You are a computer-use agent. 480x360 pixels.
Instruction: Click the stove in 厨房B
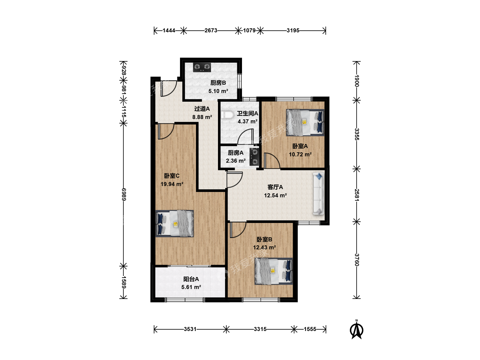click(202, 67)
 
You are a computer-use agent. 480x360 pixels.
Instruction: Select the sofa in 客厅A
click(318, 194)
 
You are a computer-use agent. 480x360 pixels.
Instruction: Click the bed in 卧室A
click(305, 122)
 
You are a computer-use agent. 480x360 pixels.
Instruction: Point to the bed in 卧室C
click(175, 224)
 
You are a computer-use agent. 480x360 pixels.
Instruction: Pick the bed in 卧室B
click(274, 271)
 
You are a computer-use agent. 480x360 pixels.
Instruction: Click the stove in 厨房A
click(254, 157)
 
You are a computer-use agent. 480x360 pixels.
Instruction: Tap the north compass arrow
click(356, 329)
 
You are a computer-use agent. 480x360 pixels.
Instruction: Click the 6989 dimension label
click(124, 194)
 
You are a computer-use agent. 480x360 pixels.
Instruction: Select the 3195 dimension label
click(293, 30)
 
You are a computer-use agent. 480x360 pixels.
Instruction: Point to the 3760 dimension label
click(357, 260)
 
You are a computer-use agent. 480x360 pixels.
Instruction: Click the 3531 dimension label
click(190, 329)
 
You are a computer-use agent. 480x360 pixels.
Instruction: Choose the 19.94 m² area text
click(172, 184)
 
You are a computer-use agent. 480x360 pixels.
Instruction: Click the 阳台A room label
click(191, 279)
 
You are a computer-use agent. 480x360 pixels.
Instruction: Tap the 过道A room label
click(202, 109)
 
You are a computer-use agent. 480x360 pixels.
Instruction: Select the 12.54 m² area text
click(275, 195)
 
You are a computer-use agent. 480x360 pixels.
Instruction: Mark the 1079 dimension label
click(249, 30)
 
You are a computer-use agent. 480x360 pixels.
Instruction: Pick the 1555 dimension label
click(310, 329)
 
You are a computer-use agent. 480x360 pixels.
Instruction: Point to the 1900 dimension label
click(357, 81)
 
